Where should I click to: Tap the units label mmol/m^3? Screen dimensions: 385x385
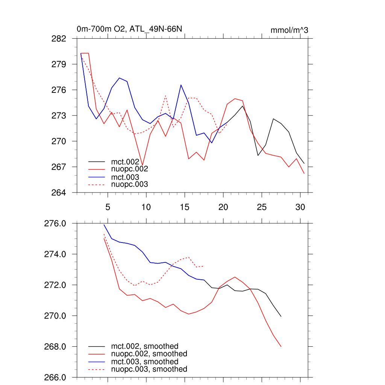tap(289, 30)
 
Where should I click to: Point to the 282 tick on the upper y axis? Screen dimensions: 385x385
tap(59, 39)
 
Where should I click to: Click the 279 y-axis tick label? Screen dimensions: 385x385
tap(59, 64)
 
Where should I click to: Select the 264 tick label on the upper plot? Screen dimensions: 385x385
tap(59, 192)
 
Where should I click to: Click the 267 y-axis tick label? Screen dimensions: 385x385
tap(59, 167)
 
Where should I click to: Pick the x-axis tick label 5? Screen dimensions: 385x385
tap(108, 207)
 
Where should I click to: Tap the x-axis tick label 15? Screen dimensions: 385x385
tap(184, 207)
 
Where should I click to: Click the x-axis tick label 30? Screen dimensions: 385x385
tap(300, 207)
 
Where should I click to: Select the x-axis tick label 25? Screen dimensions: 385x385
tap(261, 207)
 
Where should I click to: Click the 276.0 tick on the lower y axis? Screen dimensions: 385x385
tap(55, 224)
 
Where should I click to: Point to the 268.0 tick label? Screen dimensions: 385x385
tap(55, 347)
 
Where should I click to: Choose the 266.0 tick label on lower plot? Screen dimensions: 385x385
tap(55, 377)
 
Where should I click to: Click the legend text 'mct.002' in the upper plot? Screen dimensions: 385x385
tap(128, 162)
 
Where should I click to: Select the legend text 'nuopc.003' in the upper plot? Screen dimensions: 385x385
tap(130, 184)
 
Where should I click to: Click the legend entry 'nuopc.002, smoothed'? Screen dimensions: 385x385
tap(149, 354)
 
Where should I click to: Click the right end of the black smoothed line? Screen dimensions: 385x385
tap(281, 317)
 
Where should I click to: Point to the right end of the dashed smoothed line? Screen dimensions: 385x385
tap(203, 266)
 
